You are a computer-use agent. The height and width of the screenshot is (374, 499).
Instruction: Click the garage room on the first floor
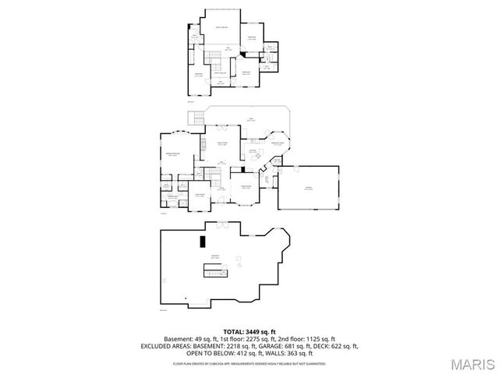(309, 187)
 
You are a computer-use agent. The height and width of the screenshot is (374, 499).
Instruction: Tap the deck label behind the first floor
(250, 119)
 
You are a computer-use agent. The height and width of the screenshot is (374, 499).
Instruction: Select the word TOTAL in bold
(233, 332)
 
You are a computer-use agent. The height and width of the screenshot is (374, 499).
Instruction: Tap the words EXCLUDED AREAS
(167, 345)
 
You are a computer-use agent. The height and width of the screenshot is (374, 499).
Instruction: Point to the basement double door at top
(224, 224)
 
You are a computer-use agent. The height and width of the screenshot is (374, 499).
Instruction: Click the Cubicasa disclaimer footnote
(249, 363)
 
